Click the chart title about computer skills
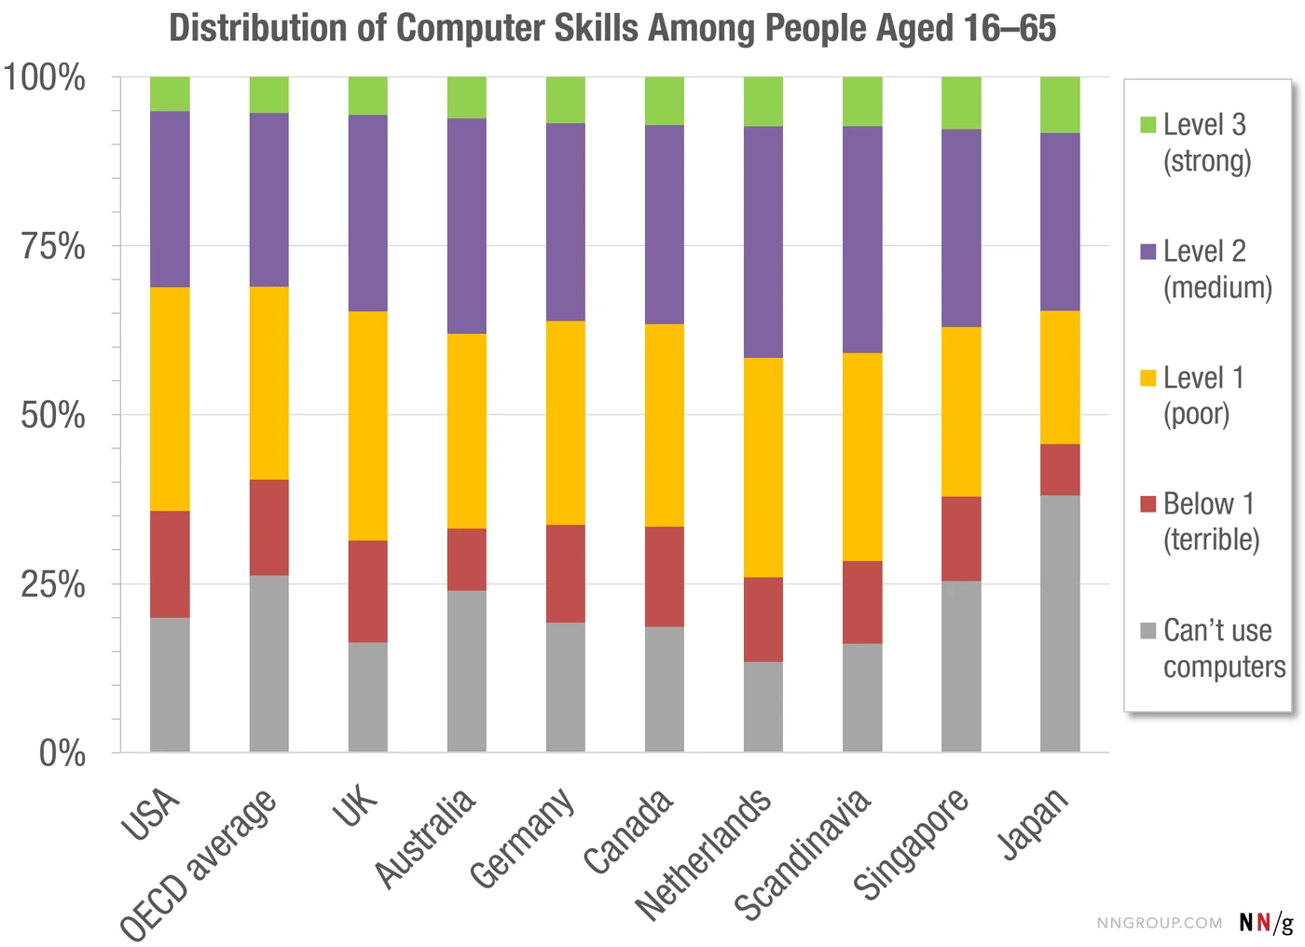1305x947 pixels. click(x=612, y=28)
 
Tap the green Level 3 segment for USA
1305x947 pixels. click(x=170, y=94)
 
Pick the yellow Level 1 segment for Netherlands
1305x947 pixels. click(x=762, y=467)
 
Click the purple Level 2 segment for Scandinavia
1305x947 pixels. click(x=862, y=240)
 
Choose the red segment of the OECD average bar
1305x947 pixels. click(x=268, y=528)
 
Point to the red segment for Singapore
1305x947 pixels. click(x=961, y=539)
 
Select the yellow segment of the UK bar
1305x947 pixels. click(x=367, y=426)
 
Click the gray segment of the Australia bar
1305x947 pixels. click(x=466, y=671)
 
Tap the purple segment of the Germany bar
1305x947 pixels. click(x=565, y=222)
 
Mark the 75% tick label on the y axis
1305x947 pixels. click(x=53, y=247)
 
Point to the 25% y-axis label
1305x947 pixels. click(x=53, y=585)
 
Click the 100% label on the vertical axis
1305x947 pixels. click(x=45, y=77)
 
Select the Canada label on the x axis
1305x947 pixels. click(x=627, y=831)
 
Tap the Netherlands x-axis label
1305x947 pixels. click(x=704, y=854)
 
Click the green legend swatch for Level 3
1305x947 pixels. click(x=1148, y=125)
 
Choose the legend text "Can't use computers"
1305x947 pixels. click(x=1223, y=649)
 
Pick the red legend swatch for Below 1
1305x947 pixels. click(x=1148, y=504)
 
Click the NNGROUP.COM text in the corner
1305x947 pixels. click(x=1159, y=923)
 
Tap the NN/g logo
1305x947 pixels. click(x=1266, y=922)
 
